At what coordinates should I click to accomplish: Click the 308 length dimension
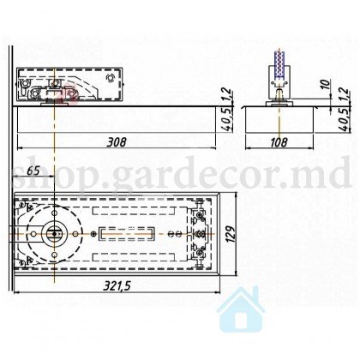pos(116,142)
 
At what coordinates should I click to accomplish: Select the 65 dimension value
pos(33,171)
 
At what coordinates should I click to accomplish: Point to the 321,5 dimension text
pos(117,285)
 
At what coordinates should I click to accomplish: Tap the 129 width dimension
pos(231,234)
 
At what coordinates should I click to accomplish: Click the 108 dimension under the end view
pos(279,142)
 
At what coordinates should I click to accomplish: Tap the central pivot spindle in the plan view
pos(54,234)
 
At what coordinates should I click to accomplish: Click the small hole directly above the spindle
pos(54,213)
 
